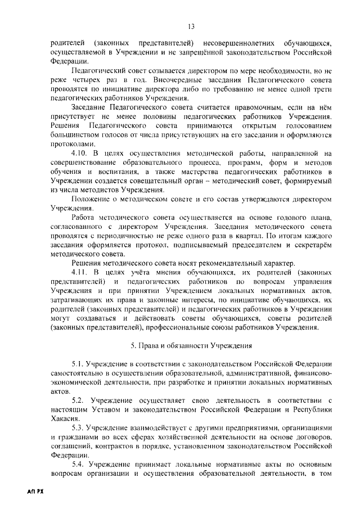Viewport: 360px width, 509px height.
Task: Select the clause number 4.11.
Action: coord(80,272)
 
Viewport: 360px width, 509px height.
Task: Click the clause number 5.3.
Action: coord(78,427)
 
